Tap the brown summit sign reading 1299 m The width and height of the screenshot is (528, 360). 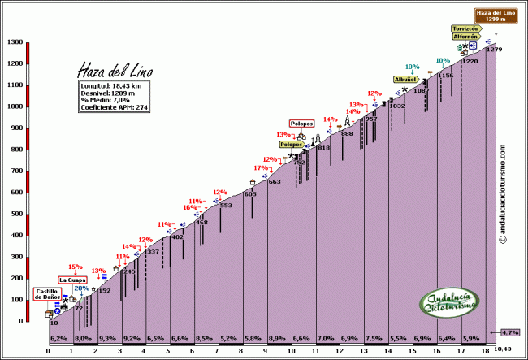pyautogui.click(x=495, y=15)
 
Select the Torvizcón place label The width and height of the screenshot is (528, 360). pyautogui.click(x=467, y=28)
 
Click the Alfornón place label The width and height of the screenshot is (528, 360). pyautogui.click(x=467, y=37)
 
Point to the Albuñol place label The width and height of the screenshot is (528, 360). pyautogui.click(x=405, y=80)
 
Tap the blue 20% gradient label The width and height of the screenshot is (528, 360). pyautogui.click(x=82, y=288)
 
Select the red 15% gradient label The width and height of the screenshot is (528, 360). pyautogui.click(x=75, y=267)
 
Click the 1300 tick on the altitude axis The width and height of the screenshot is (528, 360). pyautogui.click(x=15, y=42)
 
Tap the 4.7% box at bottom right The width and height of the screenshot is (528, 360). pyautogui.click(x=509, y=332)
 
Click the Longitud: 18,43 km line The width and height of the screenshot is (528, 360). pyautogui.click(x=112, y=85)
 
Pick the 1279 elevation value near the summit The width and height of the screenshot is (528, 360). pyautogui.click(x=494, y=50)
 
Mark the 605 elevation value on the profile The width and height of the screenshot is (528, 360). pyautogui.click(x=250, y=194)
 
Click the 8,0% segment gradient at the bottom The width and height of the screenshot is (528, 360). pyautogui.click(x=83, y=337)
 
